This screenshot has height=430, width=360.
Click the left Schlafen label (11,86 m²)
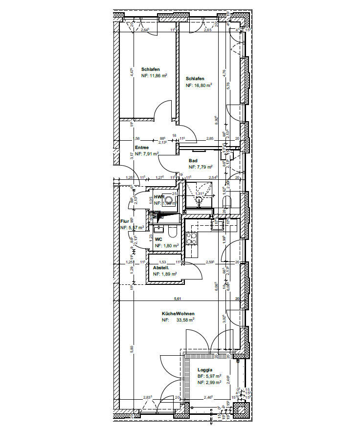[151, 69]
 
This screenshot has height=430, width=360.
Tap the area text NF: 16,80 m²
[199, 85]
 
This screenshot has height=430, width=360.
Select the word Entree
[142, 148]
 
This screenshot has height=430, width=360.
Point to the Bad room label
[193, 160]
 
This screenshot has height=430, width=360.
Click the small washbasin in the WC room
[157, 228]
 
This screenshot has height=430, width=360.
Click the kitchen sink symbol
[215, 224]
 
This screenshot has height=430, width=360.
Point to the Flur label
[124, 221]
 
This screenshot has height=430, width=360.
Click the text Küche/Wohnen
[178, 314]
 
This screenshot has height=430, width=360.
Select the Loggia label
[205, 370]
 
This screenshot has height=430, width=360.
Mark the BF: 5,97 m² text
[210, 376]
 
